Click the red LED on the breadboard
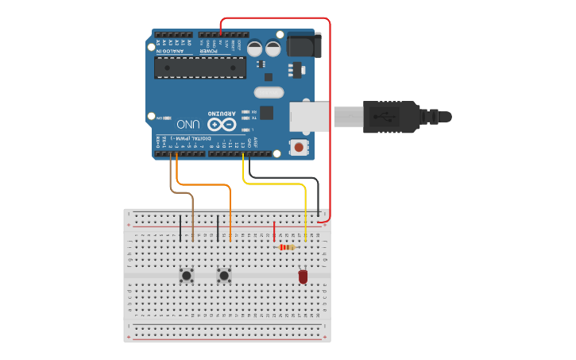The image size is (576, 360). [x=303, y=276]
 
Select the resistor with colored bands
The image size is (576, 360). [x=287, y=247]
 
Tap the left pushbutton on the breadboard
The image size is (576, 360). [x=187, y=276]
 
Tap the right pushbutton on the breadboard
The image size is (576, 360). [x=225, y=276]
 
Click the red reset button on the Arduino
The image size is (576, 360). [x=299, y=146]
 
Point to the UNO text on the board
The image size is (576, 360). [x=188, y=125]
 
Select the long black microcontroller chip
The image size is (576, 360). [x=200, y=68]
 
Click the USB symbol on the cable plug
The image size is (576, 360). [x=389, y=117]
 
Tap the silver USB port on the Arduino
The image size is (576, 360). [x=308, y=116]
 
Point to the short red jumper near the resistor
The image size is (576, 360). [x=274, y=231]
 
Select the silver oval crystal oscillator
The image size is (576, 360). [x=269, y=92]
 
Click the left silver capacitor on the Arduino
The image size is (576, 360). [x=254, y=48]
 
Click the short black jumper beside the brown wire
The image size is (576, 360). [x=180, y=227]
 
